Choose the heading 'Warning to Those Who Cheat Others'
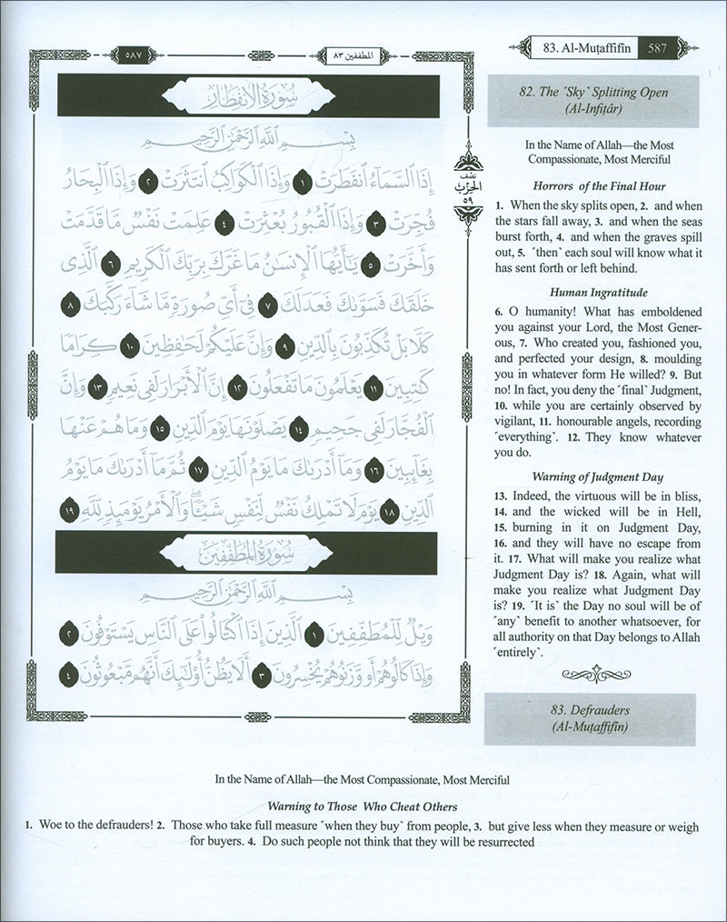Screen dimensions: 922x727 (x=363, y=806)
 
